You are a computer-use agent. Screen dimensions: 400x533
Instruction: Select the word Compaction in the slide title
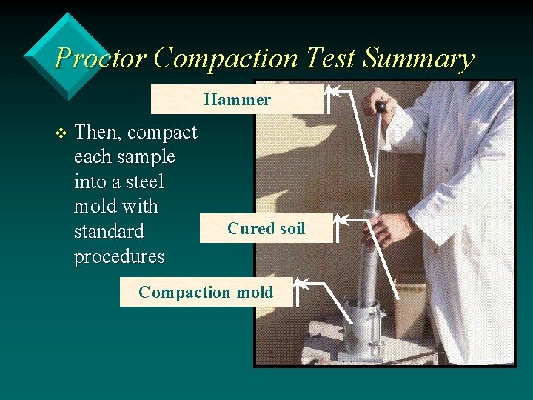[227, 58]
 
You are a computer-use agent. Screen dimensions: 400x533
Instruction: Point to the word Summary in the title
[418, 58]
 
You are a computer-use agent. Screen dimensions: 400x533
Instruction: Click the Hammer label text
[238, 99]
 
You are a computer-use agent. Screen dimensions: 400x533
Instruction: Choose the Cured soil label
[266, 228]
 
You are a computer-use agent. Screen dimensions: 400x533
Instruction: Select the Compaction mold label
[206, 292]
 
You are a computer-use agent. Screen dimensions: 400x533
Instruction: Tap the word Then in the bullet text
[98, 133]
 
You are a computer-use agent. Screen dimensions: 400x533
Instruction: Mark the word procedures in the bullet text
[119, 256]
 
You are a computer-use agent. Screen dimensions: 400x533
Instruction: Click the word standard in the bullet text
[109, 231]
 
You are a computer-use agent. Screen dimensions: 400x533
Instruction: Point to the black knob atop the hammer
[381, 107]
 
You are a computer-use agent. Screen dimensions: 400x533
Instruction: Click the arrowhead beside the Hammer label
[332, 93]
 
